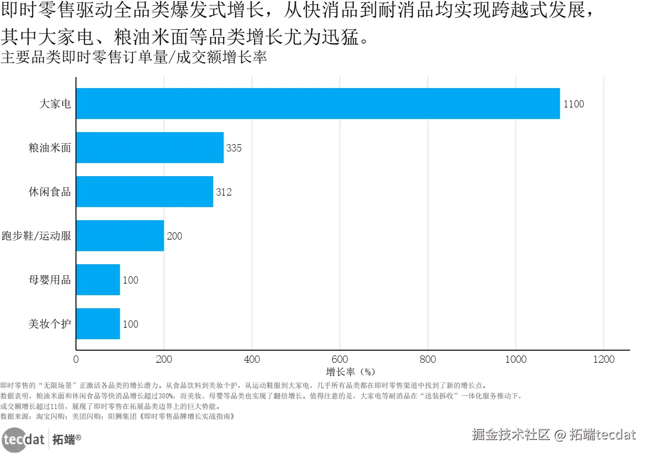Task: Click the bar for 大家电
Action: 317,104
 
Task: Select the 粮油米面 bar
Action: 150,148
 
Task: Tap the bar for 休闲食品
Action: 145,192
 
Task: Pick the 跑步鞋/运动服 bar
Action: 120,236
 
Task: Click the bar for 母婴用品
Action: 98,280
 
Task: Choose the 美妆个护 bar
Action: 98,324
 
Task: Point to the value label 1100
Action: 574,104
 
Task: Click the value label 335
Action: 234,148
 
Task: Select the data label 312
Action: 224,192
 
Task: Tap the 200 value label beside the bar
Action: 174,236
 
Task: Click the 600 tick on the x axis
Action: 340,360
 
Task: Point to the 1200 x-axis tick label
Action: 603,360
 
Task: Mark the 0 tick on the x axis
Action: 76,360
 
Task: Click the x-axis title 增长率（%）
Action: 351,372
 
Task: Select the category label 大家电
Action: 55,104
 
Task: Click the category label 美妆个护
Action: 50,324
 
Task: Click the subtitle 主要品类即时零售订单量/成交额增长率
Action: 134,57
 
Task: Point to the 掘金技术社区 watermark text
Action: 511,435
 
